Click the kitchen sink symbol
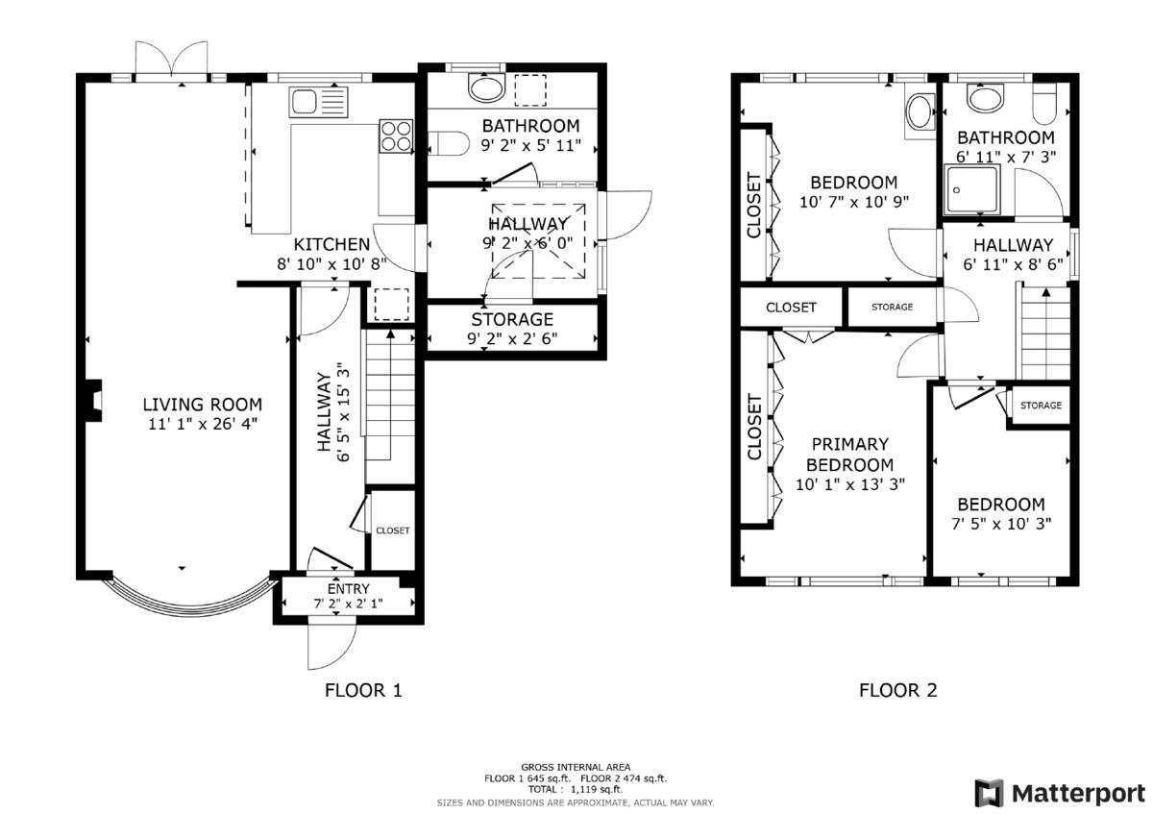click(316, 101)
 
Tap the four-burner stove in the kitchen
click(396, 136)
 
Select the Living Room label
click(202, 405)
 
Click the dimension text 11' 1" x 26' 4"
click(202, 423)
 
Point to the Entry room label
click(348, 589)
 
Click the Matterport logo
click(1061, 793)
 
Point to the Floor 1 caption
click(362, 690)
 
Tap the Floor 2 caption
click(897, 690)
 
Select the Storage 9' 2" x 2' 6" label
click(512, 319)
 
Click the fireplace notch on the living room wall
click(92, 401)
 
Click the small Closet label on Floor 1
click(392, 530)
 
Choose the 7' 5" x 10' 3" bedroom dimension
click(1000, 524)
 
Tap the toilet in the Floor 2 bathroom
click(1044, 100)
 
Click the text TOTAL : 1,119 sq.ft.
click(575, 789)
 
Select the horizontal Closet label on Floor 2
click(791, 308)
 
